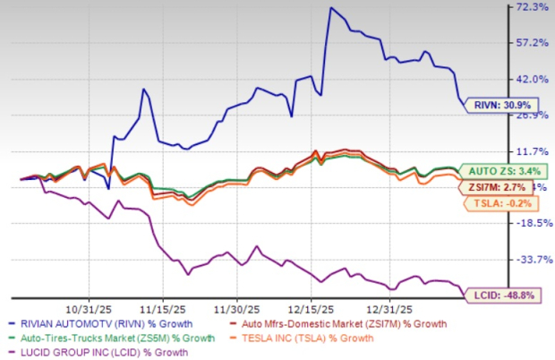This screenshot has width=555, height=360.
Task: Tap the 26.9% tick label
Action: click(525, 115)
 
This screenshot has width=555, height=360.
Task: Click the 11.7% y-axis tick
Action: click(525, 151)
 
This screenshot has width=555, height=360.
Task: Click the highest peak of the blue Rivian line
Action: click(331, 8)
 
